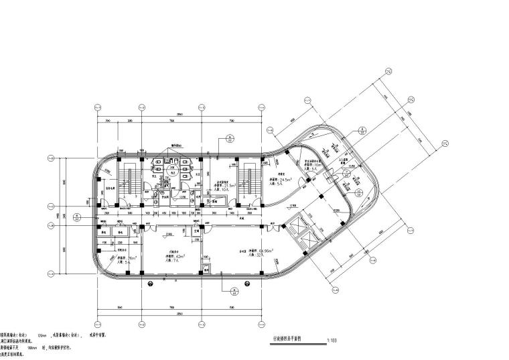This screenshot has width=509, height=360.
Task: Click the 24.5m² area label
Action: (287, 180)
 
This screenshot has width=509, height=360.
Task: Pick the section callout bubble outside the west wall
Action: (76, 217)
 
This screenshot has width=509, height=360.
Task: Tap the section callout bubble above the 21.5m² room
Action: (230, 139)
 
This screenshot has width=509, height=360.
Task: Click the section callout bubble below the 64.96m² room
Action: (234, 291)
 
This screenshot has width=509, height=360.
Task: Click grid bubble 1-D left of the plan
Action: (51, 158)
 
